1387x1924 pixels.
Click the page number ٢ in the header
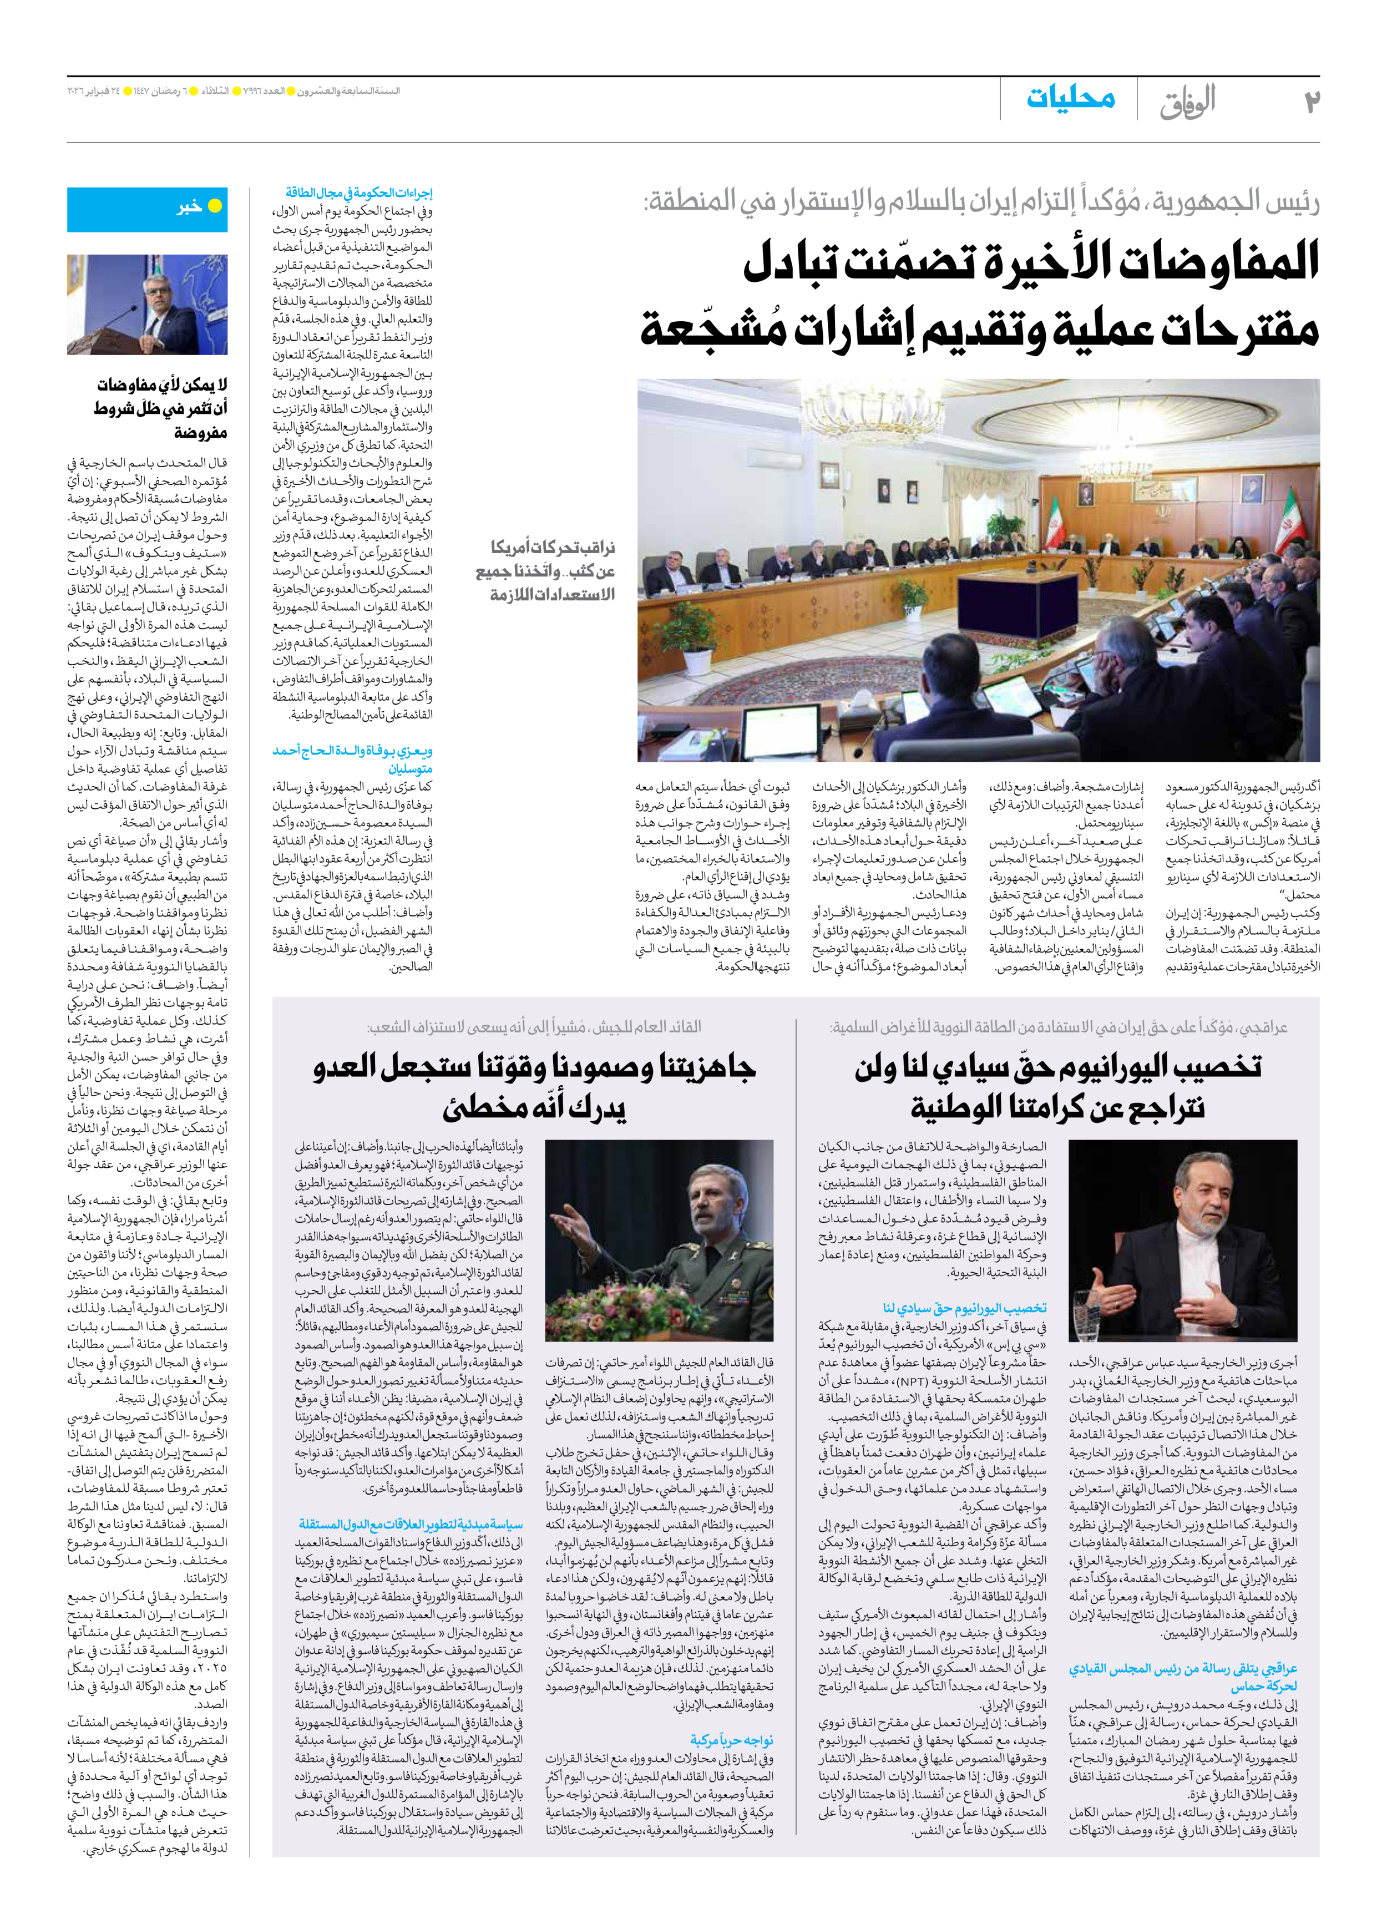[1312, 102]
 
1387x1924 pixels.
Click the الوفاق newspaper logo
[1188, 101]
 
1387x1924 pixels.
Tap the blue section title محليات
[1071, 98]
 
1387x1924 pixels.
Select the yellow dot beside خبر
[215, 206]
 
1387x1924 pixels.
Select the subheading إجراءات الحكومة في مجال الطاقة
[359, 193]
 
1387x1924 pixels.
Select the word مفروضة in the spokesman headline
[200, 433]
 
